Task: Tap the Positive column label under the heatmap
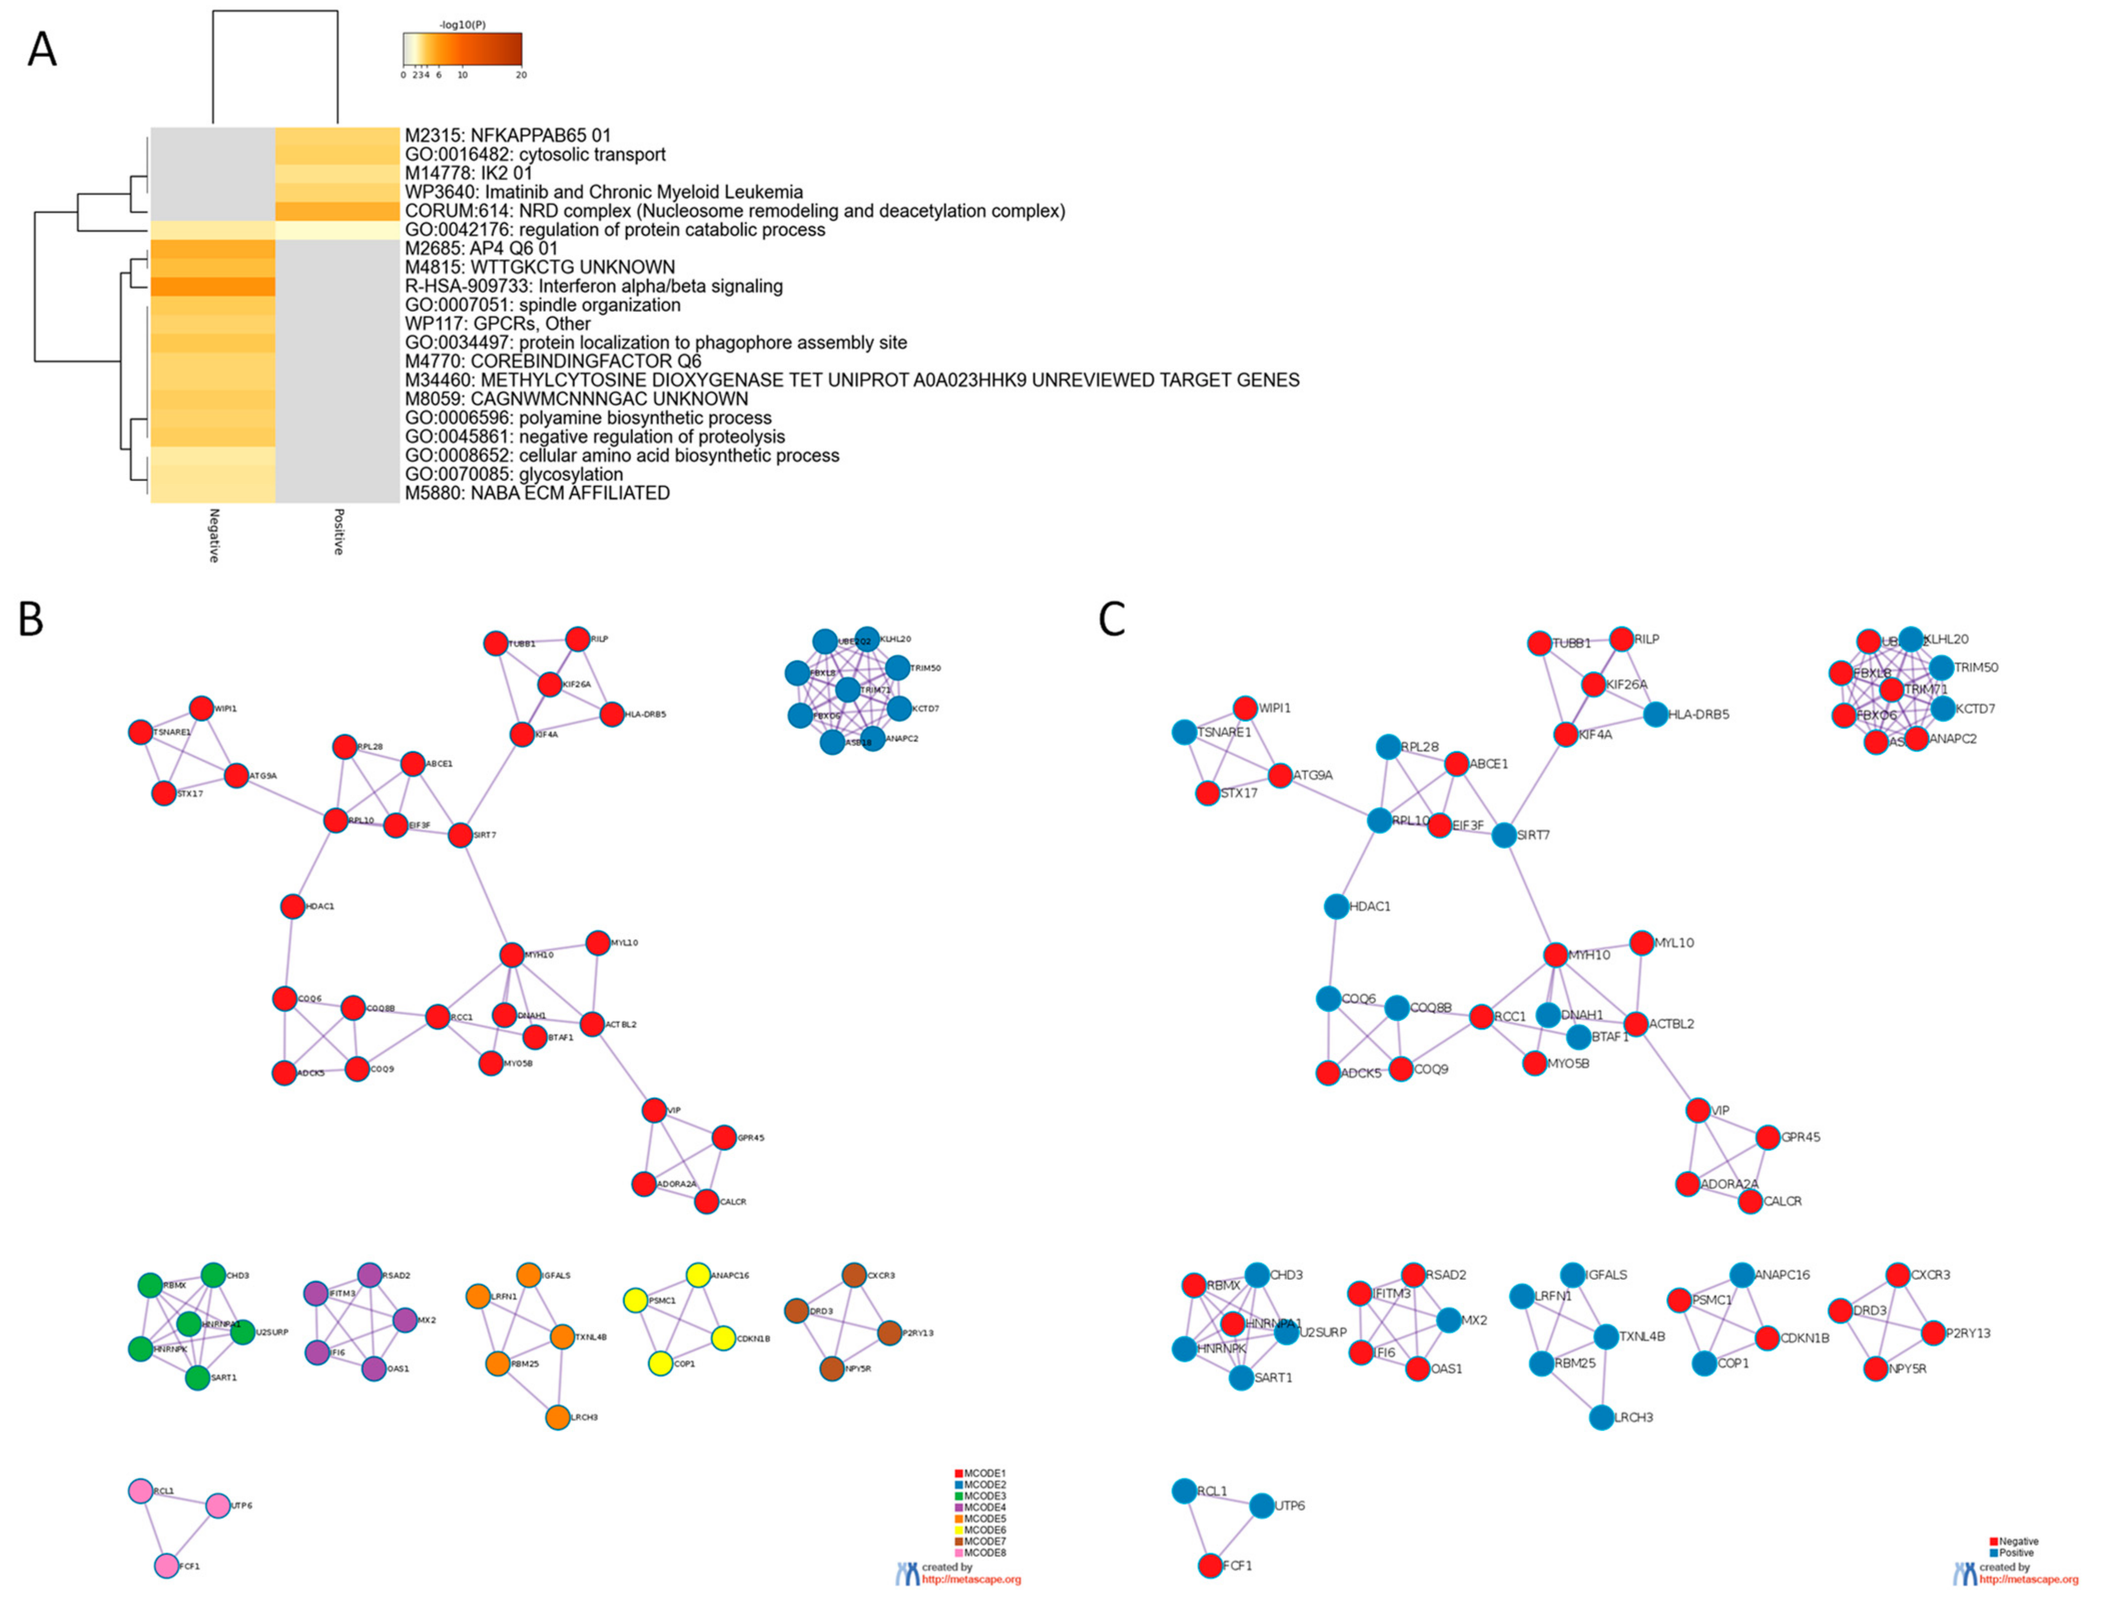point(337,532)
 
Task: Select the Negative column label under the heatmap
point(213,536)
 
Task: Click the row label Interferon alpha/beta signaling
point(593,286)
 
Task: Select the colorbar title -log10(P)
point(462,25)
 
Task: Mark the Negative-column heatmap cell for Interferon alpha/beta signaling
point(213,286)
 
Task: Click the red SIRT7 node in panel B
point(460,835)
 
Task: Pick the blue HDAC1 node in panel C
point(1336,906)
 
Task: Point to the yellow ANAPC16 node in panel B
point(698,1275)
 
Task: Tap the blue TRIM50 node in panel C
point(1941,668)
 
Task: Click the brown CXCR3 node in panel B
point(854,1275)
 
